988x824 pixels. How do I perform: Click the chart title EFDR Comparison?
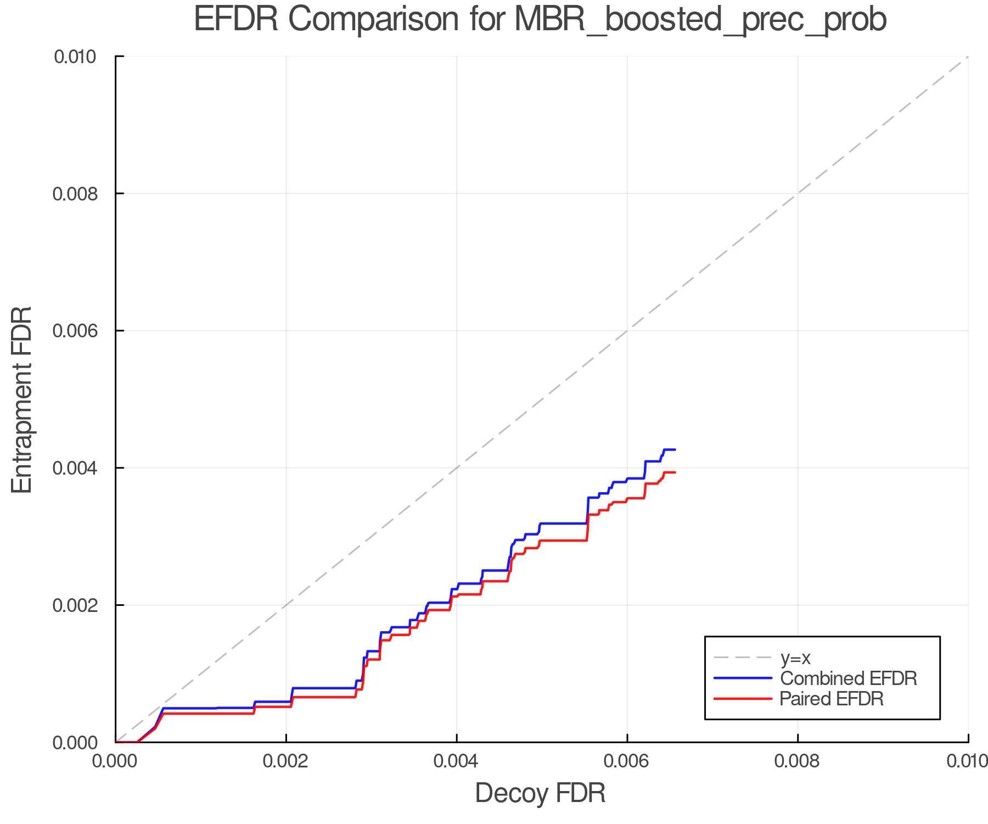540,20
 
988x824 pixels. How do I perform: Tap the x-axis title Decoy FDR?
540,793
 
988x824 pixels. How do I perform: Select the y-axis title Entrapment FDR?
22,399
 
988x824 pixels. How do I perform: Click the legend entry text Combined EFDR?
848,678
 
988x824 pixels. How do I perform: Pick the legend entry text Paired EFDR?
831,699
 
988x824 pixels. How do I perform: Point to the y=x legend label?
795,658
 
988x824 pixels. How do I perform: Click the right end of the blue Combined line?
675,450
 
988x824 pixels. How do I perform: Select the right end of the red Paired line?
675,472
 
